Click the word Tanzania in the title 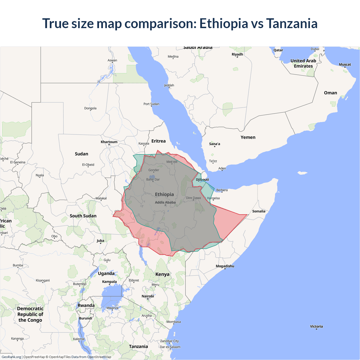point(292,23)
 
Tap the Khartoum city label point(109,142)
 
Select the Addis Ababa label point(165,202)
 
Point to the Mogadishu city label point(225,266)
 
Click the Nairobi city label point(148,296)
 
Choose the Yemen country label point(248,137)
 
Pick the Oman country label point(330,93)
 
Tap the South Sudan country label point(83,216)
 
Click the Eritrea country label point(158,141)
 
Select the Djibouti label point(202,179)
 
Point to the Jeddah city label point(169,85)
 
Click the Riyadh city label point(237,54)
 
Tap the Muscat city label point(345,64)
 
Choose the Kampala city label point(109,282)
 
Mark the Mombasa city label point(174,322)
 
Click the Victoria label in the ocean point(316,327)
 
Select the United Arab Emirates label point(303,63)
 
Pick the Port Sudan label point(151,104)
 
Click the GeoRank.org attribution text point(11,357)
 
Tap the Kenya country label point(162,274)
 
